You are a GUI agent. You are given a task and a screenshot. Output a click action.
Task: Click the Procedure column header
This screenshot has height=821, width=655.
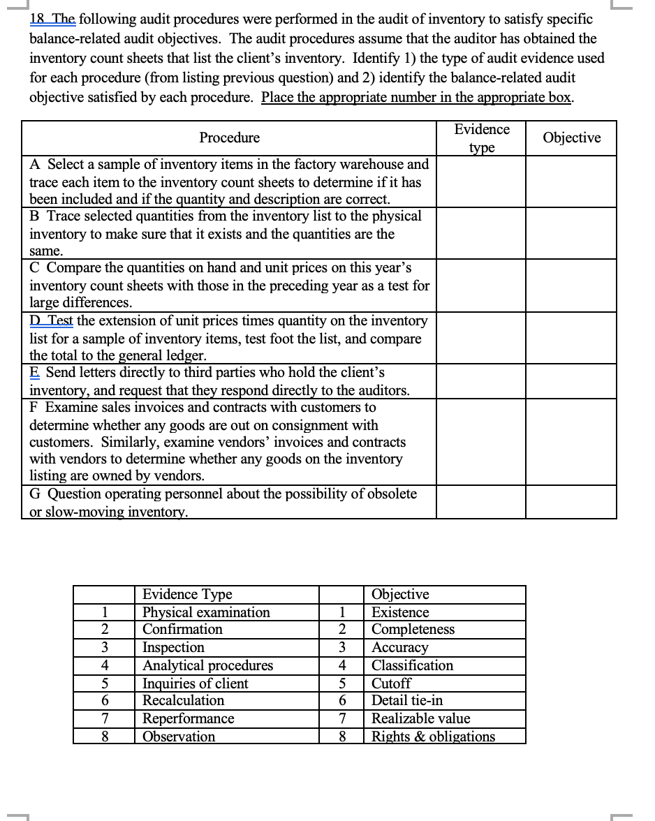click(x=229, y=138)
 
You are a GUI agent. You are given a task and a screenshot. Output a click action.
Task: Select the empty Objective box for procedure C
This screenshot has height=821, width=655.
click(x=571, y=285)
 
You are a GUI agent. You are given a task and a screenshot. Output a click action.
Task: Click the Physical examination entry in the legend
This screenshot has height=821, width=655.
click(x=206, y=612)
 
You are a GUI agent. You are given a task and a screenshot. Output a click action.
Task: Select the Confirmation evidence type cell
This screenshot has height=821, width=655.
click(x=183, y=630)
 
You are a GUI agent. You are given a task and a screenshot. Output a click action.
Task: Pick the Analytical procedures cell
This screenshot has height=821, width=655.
click(x=207, y=665)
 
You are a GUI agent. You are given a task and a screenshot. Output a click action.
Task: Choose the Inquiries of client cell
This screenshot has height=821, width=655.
click(x=195, y=683)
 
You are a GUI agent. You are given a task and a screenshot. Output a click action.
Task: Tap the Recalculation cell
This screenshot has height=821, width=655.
click(x=184, y=700)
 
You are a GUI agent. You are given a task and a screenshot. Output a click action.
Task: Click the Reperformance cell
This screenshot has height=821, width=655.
click(x=188, y=718)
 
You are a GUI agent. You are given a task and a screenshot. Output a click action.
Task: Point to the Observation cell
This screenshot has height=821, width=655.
click(x=179, y=737)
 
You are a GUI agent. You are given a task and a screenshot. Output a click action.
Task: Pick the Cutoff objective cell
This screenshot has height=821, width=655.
click(x=391, y=683)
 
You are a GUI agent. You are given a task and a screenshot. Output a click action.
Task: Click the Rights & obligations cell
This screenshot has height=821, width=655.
click(x=433, y=737)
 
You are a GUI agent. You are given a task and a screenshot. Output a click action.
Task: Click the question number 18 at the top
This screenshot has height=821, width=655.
click(x=36, y=20)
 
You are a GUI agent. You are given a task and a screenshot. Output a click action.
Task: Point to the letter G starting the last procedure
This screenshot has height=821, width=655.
click(x=34, y=494)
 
